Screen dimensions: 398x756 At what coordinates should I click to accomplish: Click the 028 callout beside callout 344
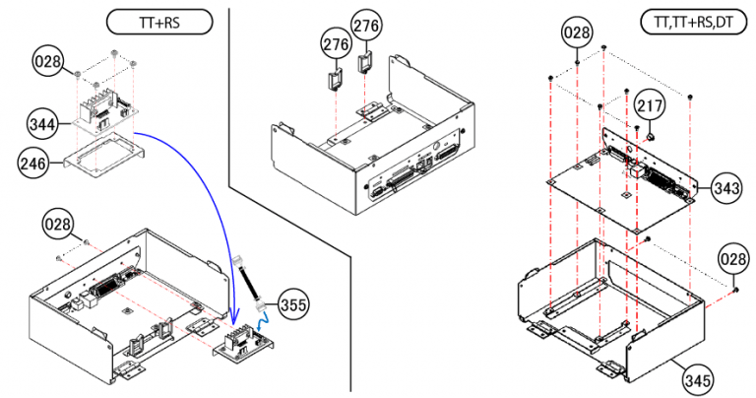pyautogui.click(x=46, y=63)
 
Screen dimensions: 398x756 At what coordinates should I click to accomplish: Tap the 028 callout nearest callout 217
pyautogui.click(x=578, y=33)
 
